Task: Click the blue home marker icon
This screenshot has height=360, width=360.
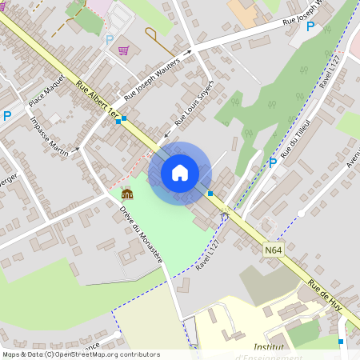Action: click(179, 172)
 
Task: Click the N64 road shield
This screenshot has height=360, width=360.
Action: click(273, 250)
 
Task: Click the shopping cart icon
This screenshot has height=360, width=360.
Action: click(123, 50)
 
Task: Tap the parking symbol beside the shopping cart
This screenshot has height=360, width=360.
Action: click(109, 38)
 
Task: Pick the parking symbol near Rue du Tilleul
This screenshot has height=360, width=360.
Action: click(273, 162)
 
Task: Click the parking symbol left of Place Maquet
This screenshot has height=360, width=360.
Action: click(7, 115)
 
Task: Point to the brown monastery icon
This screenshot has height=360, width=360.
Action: click(126, 194)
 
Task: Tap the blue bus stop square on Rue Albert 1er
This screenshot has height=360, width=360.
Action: click(119, 121)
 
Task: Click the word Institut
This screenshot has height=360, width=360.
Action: click(270, 347)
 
